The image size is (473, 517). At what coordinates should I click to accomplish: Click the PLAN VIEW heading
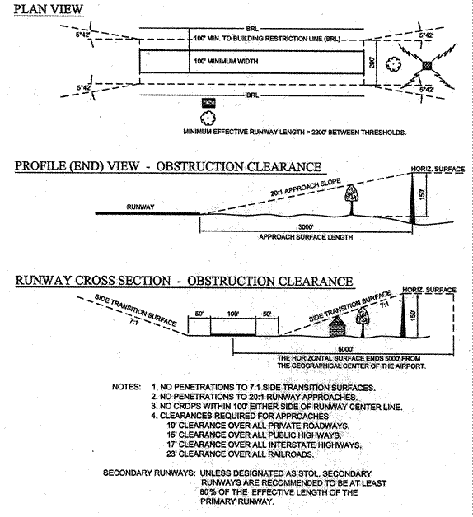[x=48, y=9]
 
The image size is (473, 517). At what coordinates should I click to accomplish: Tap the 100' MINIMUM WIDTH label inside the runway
[x=226, y=61]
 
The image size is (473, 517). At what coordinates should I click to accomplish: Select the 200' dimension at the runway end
[x=372, y=63]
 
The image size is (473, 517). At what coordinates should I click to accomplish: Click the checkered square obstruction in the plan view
[x=427, y=65]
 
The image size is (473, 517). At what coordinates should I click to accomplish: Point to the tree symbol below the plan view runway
[x=208, y=118]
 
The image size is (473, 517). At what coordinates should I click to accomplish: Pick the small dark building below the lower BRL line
[x=208, y=103]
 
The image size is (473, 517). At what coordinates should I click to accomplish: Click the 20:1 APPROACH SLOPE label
[x=306, y=187]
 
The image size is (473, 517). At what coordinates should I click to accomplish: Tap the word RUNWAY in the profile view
[x=140, y=207]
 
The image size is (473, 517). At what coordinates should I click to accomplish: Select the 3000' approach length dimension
[x=306, y=227]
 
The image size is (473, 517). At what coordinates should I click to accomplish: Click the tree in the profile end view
[x=352, y=199]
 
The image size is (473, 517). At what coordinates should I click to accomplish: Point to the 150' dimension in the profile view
[x=422, y=194]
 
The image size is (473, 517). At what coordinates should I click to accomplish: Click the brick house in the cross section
[x=337, y=327]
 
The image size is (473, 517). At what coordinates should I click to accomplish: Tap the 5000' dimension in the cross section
[x=345, y=349]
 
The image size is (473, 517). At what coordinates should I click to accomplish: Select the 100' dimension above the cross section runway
[x=232, y=314]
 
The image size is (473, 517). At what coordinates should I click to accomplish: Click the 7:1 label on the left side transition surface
[x=133, y=321]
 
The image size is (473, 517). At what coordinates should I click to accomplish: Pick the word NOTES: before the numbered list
[x=126, y=387]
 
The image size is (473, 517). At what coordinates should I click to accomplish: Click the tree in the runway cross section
[x=363, y=321]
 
